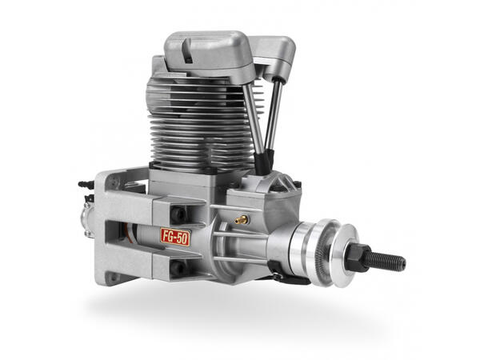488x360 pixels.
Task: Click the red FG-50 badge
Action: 175,237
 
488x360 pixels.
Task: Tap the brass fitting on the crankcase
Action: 242,220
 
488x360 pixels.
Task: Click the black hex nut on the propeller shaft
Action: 358,258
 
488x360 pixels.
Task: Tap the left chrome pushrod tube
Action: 254,118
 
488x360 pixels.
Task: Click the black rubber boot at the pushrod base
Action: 264,162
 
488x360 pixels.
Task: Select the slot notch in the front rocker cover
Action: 187,50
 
